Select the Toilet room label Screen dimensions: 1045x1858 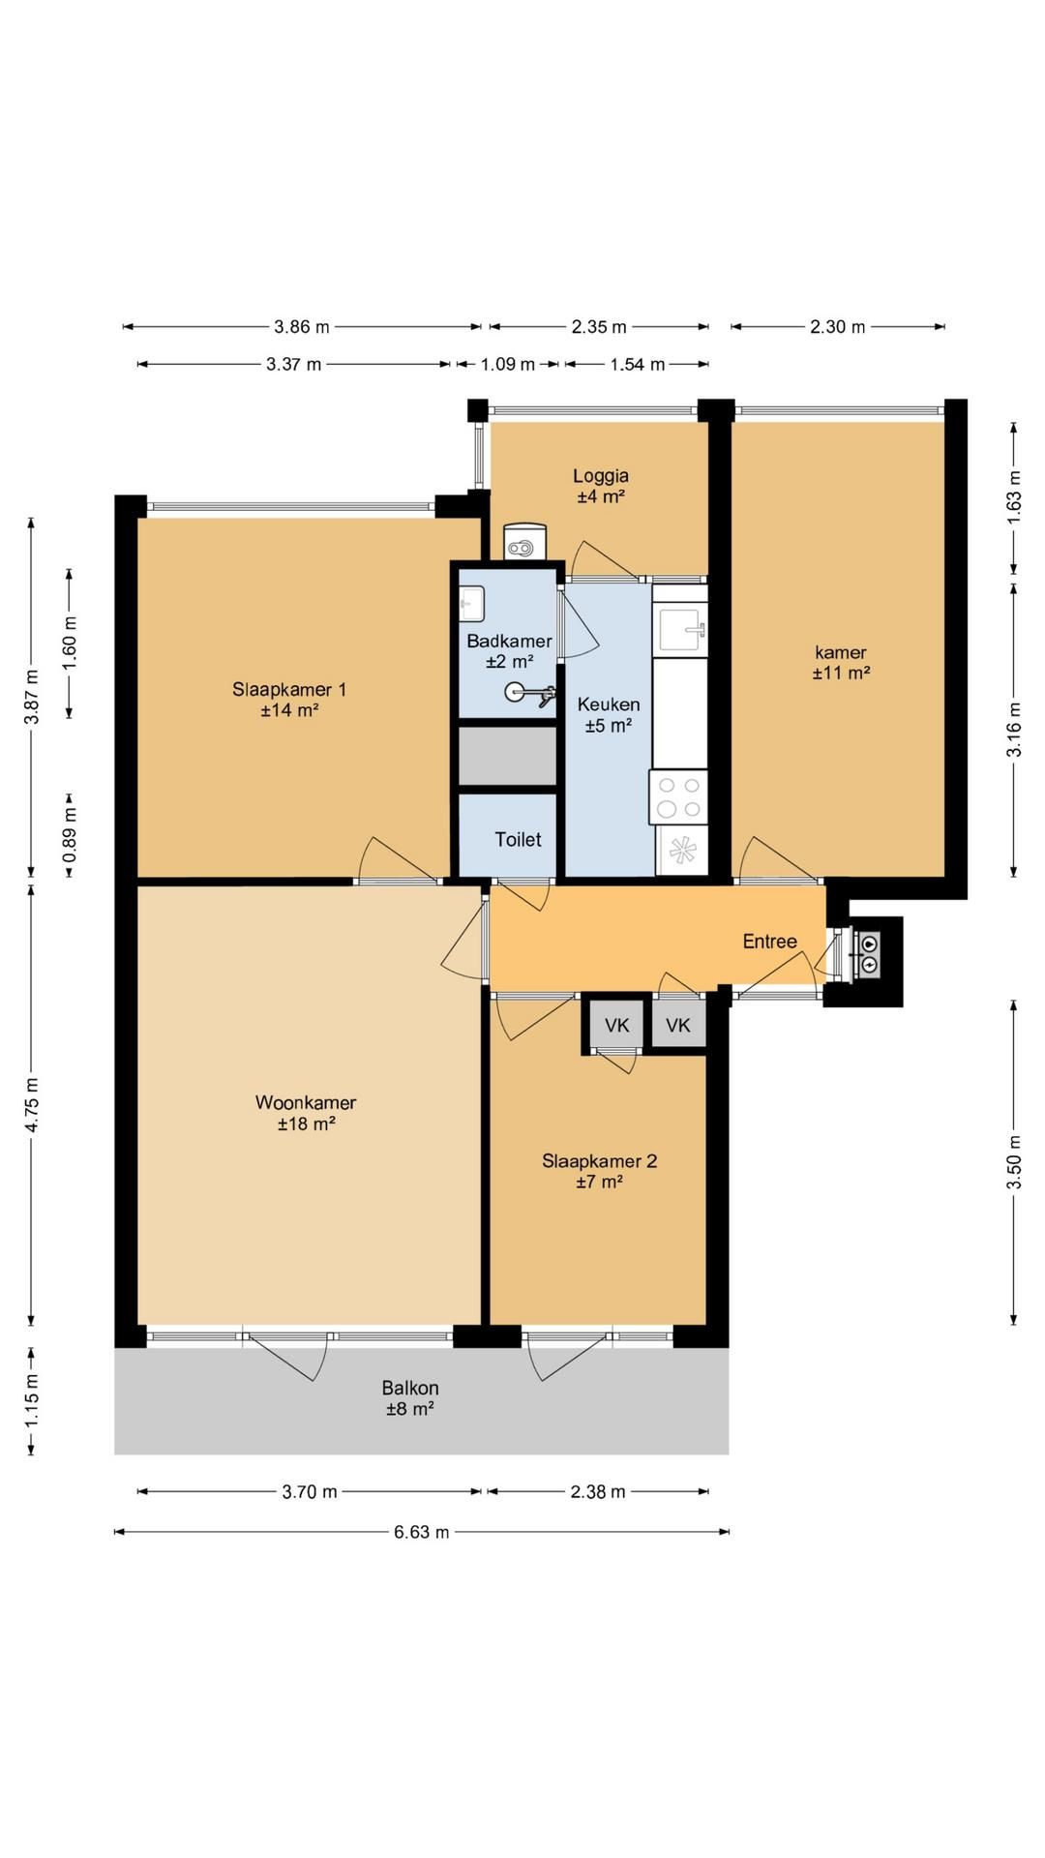518,839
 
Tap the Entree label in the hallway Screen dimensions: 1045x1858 770,942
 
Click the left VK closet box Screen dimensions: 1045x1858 616,1025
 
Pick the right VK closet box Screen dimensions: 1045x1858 678,1025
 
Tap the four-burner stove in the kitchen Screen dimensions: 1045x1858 679,797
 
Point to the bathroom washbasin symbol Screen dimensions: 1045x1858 472,605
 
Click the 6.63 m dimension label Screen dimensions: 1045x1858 422,1532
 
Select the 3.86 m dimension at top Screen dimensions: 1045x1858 302,326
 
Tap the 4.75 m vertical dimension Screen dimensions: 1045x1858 32,1104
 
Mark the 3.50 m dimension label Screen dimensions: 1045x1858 1014,1162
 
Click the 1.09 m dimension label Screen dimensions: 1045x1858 508,364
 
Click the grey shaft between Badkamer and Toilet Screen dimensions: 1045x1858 508,756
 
